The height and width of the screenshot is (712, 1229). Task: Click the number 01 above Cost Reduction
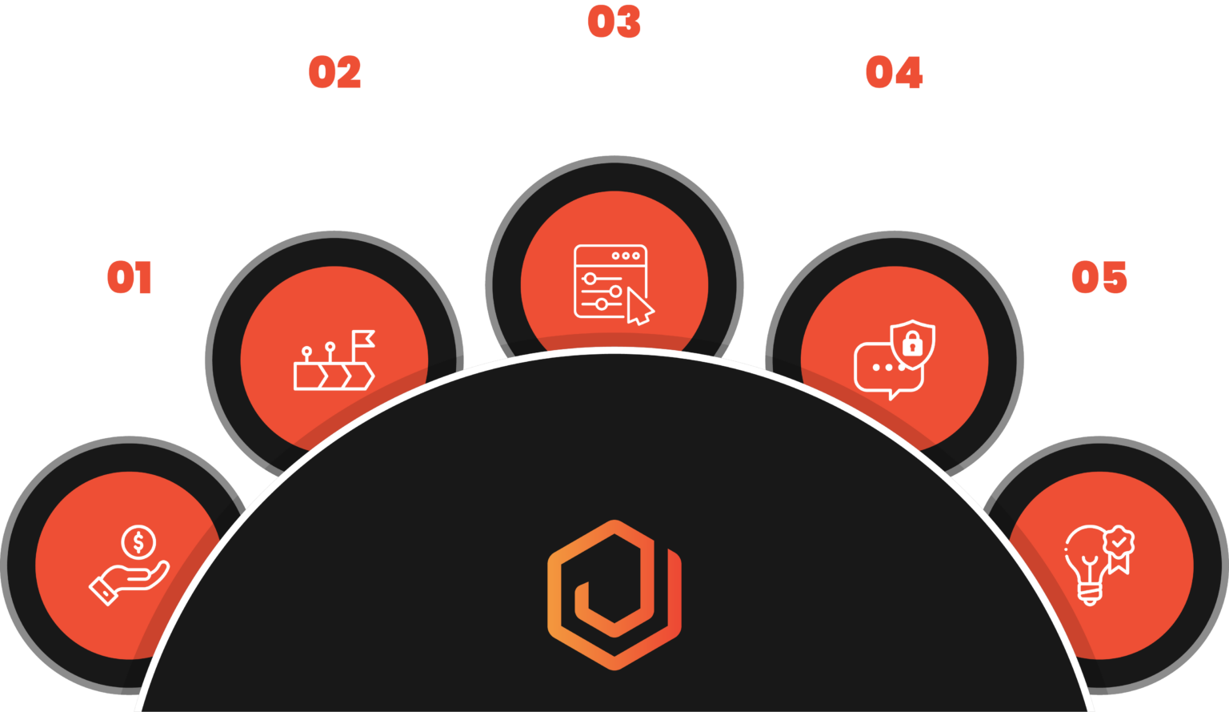point(129,278)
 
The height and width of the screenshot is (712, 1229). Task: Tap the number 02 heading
point(334,73)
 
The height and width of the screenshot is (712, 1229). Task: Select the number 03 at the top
point(614,22)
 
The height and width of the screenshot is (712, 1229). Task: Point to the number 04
point(894,73)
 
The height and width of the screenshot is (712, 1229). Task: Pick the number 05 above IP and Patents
point(1099,278)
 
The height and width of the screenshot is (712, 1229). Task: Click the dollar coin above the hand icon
point(138,543)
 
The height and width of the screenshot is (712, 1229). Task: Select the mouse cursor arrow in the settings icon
point(639,308)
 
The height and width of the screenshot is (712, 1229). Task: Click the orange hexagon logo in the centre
point(614,594)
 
